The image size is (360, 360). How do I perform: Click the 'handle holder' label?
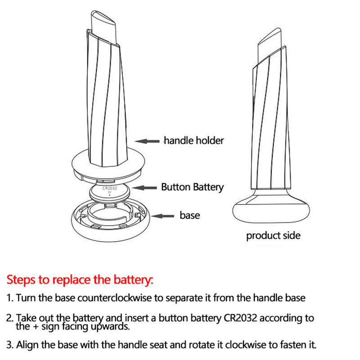pyautogui.click(x=193, y=140)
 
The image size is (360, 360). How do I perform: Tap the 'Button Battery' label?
pyautogui.click(x=192, y=187)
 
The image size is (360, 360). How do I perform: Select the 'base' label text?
pyautogui.click(x=189, y=215)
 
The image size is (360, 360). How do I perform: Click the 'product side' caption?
pyautogui.click(x=273, y=235)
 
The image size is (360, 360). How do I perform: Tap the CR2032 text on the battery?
pyautogui.click(x=109, y=189)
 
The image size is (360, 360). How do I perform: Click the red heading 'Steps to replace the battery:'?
pyautogui.click(x=80, y=279)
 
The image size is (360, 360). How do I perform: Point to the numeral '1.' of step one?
pyautogui.click(x=10, y=298)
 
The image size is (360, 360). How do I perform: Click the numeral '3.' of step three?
pyautogui.click(x=10, y=346)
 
